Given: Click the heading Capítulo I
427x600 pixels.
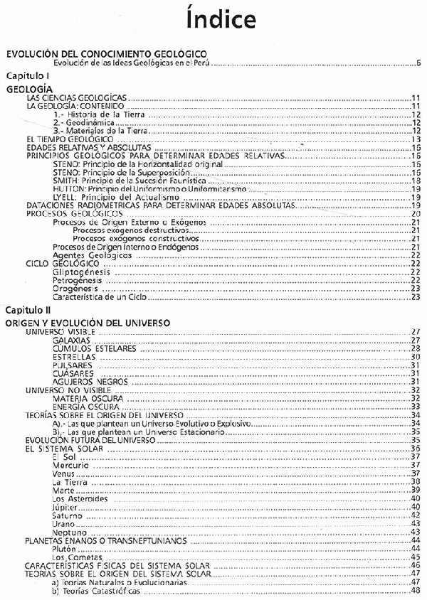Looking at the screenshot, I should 27,75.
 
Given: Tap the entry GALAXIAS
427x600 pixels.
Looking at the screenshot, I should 71,341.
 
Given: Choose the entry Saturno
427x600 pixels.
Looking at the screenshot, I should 68,514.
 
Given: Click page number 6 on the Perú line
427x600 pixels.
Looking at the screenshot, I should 418,63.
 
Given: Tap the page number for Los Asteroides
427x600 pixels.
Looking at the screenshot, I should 416,499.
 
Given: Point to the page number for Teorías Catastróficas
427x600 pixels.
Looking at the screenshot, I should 416,591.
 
